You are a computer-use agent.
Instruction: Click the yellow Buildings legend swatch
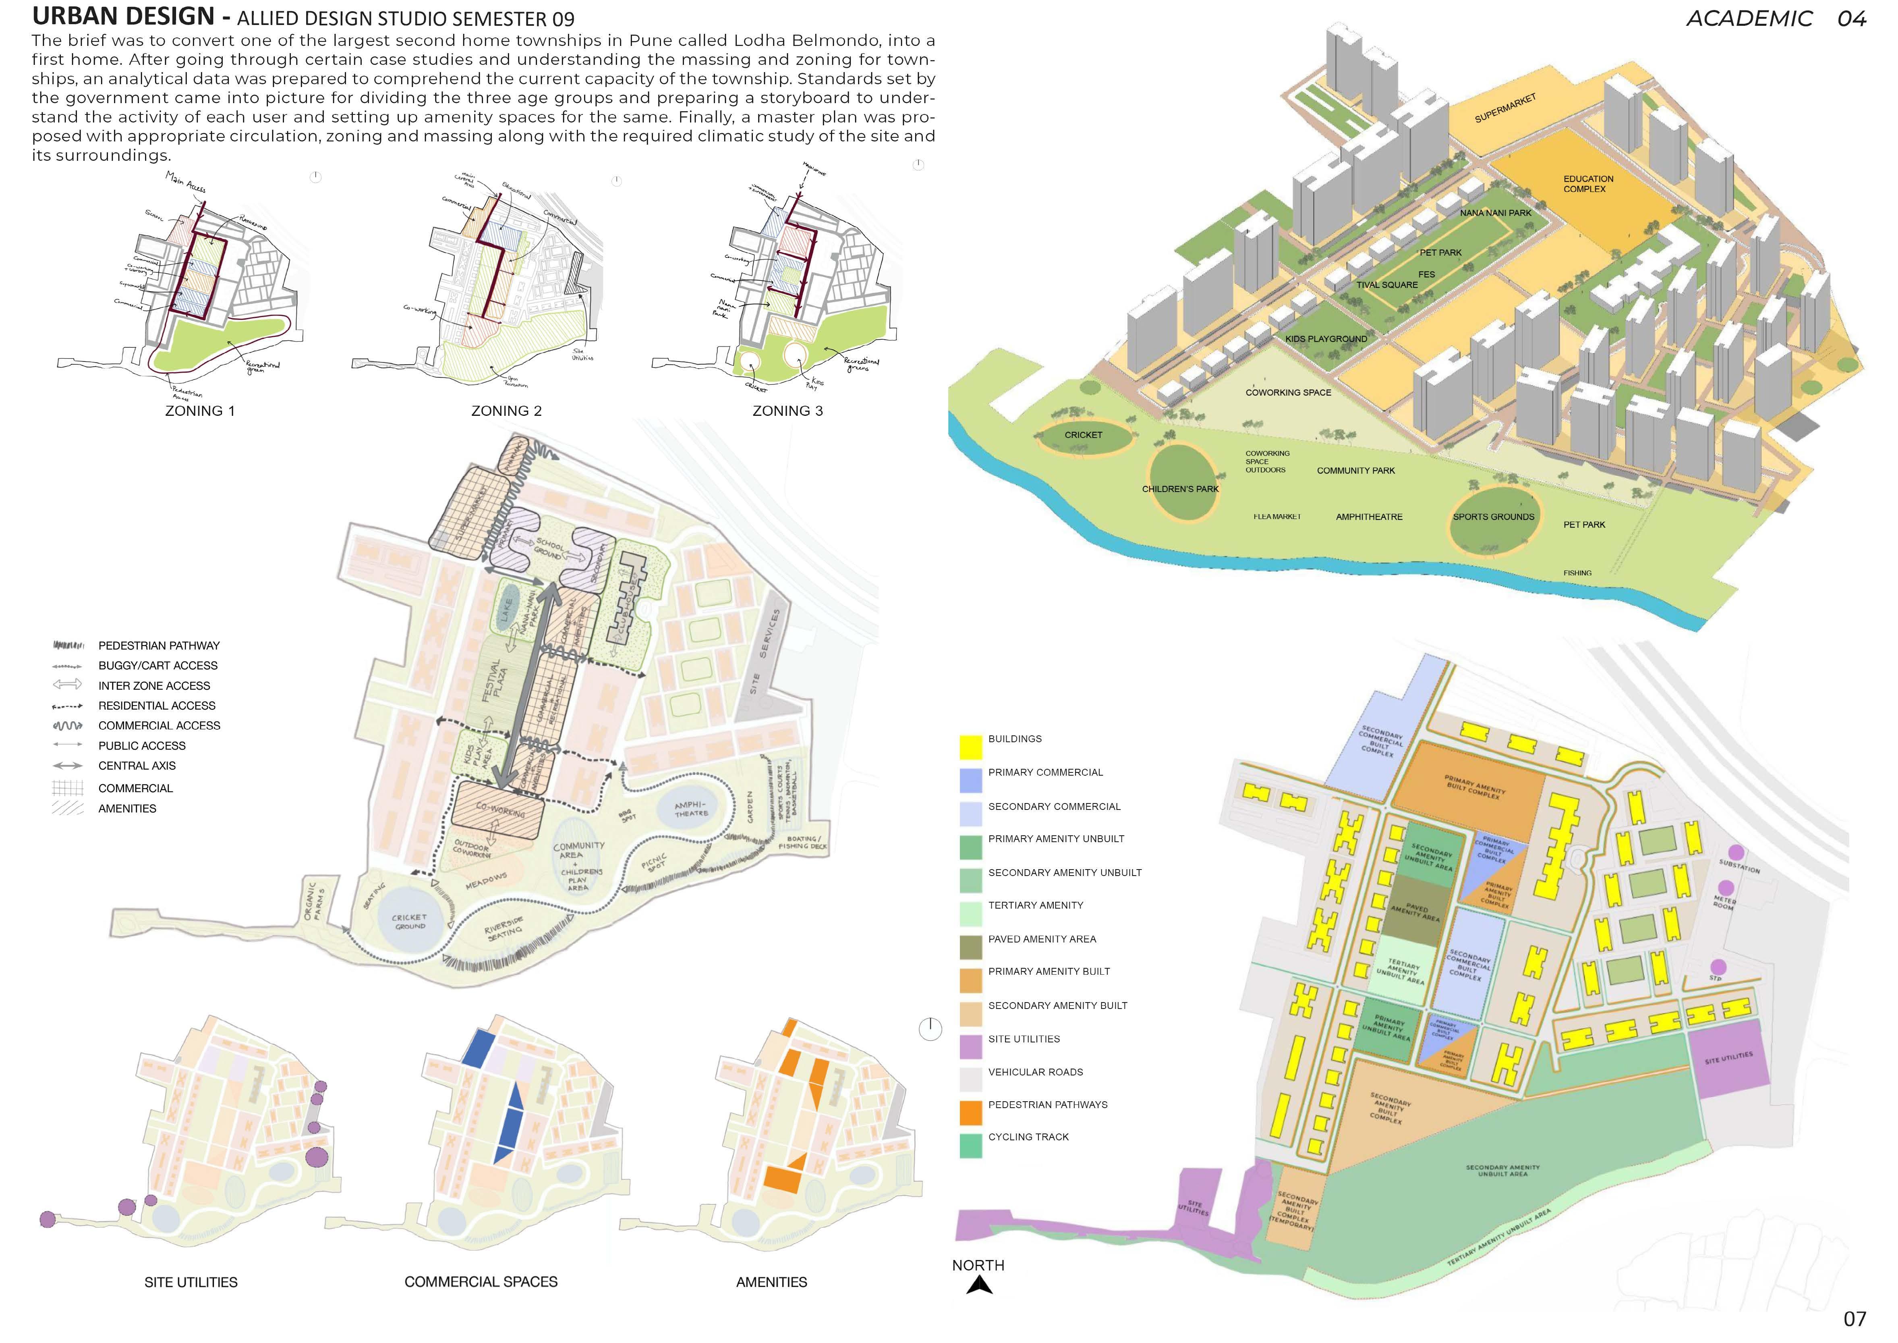click(970, 747)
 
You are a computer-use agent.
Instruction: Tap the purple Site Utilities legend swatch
click(970, 1047)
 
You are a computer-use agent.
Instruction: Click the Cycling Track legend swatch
click(970, 1145)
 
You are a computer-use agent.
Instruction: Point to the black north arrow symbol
click(980, 1284)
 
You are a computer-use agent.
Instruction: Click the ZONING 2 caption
click(506, 411)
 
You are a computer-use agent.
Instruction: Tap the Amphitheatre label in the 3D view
click(1369, 517)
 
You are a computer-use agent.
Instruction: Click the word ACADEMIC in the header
click(1749, 19)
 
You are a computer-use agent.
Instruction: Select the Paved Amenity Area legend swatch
click(970, 947)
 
